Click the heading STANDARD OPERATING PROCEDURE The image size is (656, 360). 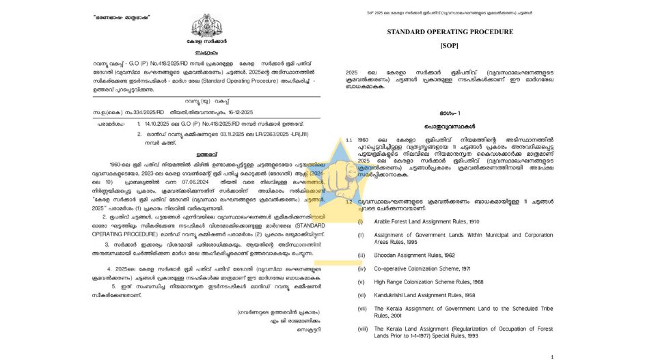[x=450, y=32]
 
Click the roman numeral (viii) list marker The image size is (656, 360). [x=361, y=329]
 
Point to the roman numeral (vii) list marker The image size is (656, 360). [x=361, y=309]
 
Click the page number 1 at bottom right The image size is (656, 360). [x=551, y=356]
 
